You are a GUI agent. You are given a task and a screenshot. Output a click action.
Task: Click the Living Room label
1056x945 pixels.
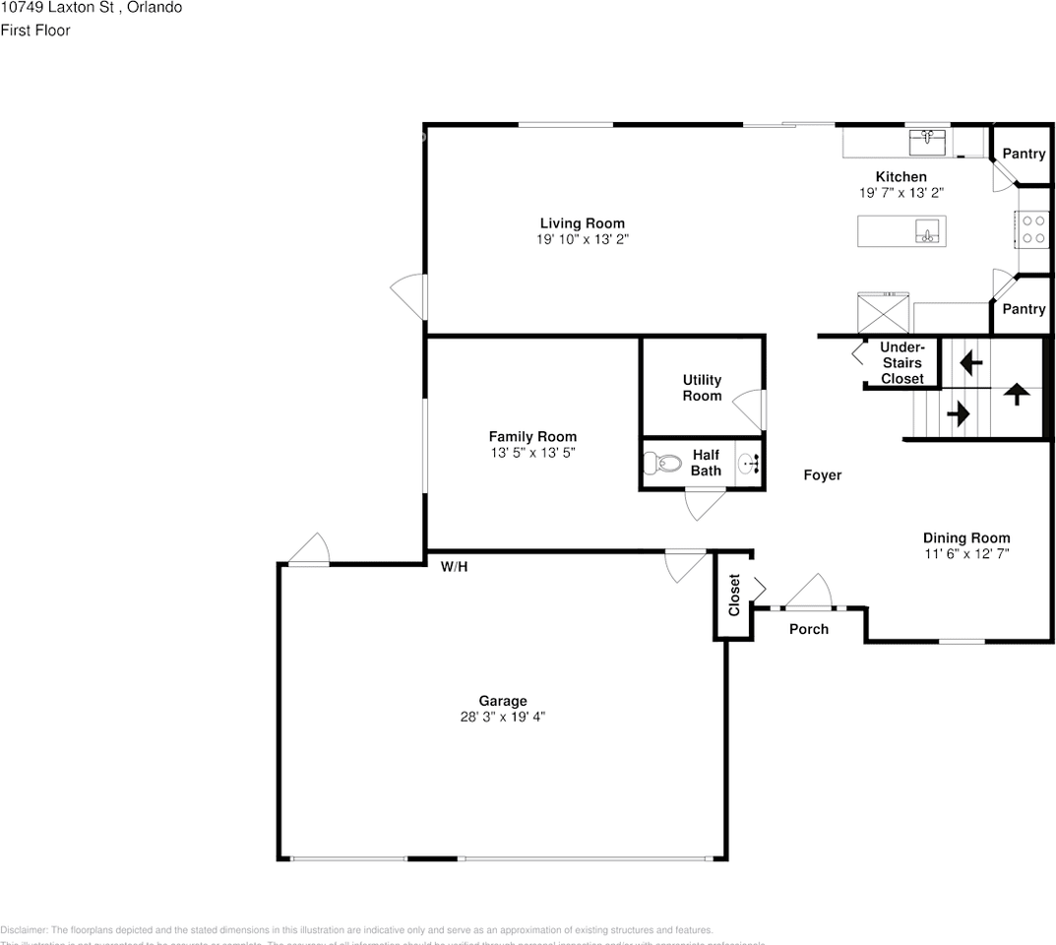pos(582,223)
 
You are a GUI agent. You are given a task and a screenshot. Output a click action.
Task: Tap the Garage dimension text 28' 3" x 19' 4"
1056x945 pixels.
pos(502,718)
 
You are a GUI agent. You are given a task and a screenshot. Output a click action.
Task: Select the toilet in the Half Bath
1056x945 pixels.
pos(663,463)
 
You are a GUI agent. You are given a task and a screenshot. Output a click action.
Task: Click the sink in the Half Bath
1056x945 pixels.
pos(749,463)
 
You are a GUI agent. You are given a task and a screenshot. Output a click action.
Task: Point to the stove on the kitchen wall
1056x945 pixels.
pos(1032,229)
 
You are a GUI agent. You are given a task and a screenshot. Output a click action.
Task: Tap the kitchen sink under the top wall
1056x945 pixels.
pos(926,142)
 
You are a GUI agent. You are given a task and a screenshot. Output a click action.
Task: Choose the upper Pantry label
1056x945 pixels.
pos(1024,154)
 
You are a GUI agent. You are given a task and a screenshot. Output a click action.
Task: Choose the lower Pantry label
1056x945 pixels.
pos(1024,309)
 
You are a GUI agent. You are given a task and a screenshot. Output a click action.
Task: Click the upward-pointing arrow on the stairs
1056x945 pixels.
pos(1016,394)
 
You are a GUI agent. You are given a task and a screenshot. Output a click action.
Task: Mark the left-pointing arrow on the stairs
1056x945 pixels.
pos(970,363)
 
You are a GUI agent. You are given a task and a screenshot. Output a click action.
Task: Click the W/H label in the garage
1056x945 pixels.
pos(454,567)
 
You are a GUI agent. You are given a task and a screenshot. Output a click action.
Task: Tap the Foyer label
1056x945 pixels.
pos(823,475)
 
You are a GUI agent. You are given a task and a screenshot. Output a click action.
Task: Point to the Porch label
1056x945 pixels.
pos(809,629)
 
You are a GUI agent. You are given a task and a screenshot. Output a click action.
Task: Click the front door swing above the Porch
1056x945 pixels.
pos(810,592)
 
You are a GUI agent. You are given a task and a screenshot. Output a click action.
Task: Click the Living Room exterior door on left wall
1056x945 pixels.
pos(408,294)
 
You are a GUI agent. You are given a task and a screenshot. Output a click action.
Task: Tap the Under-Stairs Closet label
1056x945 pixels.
pos(901,363)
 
